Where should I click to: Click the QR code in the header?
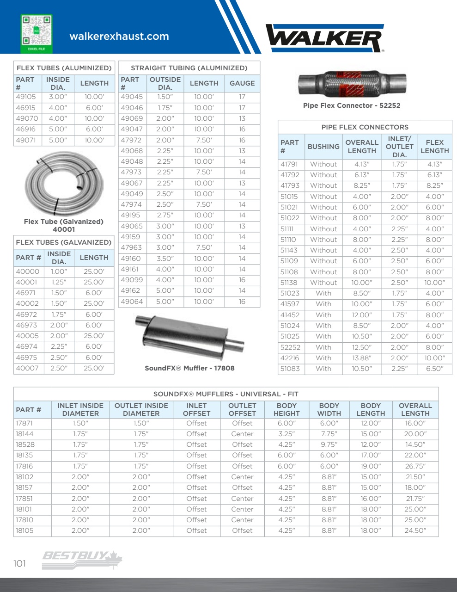[37, 31]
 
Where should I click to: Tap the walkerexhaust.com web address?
[119, 37]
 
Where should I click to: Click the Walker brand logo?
[325, 38]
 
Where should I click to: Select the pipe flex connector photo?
[352, 85]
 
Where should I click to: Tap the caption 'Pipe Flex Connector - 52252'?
[352, 105]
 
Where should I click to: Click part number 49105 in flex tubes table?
[26, 97]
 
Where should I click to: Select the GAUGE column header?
[242, 83]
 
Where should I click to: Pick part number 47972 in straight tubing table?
[131, 140]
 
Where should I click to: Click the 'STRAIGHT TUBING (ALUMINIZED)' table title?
[189, 68]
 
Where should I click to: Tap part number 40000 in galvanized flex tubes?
[28, 271]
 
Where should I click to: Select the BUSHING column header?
[323, 147]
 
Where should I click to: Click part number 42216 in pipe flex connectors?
[290, 358]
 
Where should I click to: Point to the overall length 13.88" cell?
[362, 358]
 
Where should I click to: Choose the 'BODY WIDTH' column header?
[329, 409]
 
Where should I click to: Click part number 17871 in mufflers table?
[24, 423]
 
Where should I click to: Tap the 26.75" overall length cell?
[415, 466]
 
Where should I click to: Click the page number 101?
[20, 563]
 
